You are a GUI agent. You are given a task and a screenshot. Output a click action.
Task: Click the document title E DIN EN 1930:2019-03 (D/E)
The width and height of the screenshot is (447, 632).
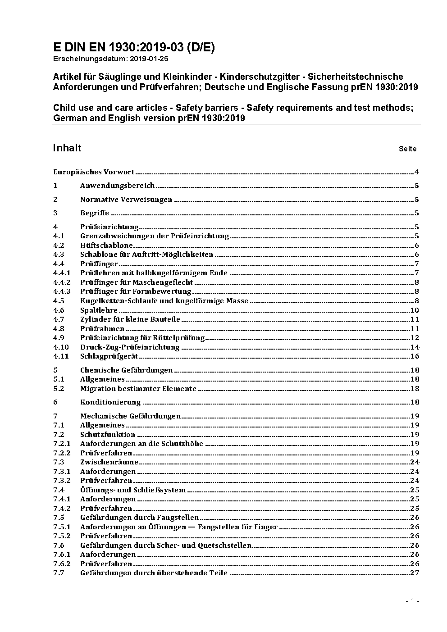tap(134, 48)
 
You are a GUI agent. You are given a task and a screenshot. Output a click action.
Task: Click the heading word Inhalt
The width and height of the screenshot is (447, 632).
tap(67, 148)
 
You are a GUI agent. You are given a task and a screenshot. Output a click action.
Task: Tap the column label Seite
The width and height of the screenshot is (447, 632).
tap(407, 149)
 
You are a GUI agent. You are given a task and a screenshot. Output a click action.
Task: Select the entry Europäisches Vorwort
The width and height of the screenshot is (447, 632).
tap(94, 172)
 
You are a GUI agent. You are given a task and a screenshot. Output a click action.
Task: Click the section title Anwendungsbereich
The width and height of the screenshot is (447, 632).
tap(117, 186)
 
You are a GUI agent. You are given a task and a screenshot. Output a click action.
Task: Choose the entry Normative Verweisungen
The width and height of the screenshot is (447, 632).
tap(126, 200)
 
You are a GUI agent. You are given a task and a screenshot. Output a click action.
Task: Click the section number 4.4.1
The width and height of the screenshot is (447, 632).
tap(62, 273)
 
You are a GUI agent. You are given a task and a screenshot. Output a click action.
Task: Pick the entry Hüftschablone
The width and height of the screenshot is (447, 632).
tap(107, 246)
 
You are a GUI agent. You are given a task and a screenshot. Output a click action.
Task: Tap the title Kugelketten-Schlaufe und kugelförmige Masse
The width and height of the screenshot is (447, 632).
tap(164, 301)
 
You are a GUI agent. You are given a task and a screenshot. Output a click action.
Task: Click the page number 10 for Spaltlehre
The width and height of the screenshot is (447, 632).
tap(415, 310)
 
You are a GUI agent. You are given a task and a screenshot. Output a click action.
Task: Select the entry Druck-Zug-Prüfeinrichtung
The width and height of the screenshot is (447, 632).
tap(130, 347)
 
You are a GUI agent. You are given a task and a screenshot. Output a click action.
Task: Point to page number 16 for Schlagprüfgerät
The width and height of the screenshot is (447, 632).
tap(415, 356)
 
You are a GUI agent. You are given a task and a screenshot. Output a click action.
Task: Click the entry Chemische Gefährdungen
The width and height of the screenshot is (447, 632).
tap(126, 370)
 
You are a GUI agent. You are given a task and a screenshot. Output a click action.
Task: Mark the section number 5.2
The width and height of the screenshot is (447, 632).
tap(59, 389)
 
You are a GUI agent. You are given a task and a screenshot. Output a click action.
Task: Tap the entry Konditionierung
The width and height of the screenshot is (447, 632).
tap(110, 402)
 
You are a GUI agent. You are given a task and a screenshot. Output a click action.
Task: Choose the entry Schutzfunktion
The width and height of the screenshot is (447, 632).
tap(108, 435)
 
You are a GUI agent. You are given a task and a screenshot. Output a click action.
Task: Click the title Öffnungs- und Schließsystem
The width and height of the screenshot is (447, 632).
tap(133, 490)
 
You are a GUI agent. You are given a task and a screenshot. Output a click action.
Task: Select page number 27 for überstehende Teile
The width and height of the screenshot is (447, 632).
tap(415, 573)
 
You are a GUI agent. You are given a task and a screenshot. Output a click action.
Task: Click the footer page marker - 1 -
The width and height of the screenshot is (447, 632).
tap(412, 601)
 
